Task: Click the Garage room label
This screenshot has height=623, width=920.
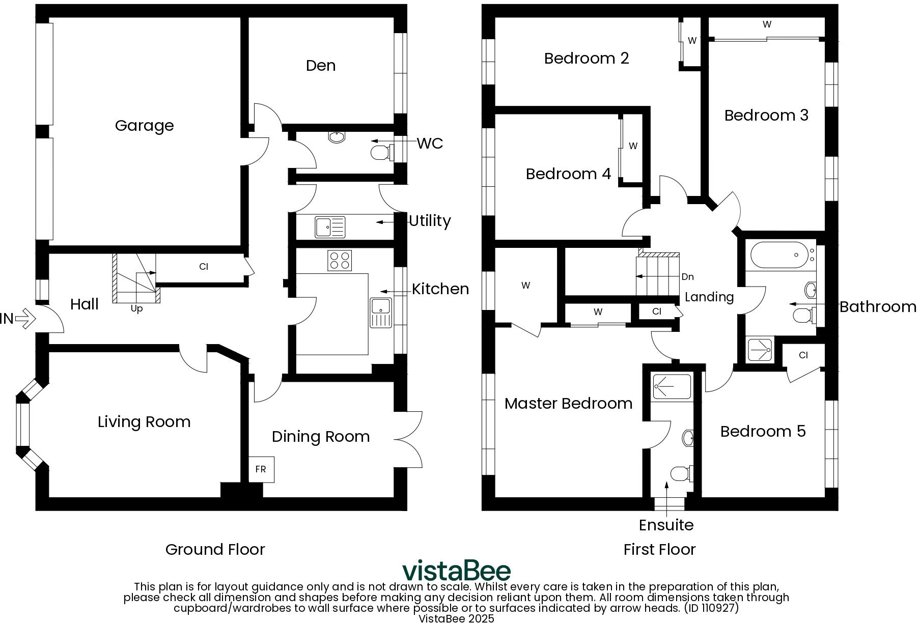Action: click(144, 126)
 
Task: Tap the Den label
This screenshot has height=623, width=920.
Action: click(321, 66)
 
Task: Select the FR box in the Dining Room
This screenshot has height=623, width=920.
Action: click(261, 469)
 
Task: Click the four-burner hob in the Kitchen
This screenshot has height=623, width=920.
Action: click(340, 261)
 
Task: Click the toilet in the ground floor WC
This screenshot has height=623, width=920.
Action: click(381, 152)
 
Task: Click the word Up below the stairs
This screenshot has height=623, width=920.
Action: click(136, 309)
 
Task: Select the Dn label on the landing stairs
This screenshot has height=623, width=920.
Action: click(687, 277)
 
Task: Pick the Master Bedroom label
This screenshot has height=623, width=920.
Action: click(568, 404)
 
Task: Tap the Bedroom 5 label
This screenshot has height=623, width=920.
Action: click(763, 432)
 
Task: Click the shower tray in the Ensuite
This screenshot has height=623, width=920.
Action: click(672, 387)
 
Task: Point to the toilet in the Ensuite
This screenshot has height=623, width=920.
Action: click(681, 474)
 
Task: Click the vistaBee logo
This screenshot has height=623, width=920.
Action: click(456, 571)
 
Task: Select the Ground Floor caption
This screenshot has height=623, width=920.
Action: click(215, 550)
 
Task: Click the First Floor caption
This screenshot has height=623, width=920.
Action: click(659, 550)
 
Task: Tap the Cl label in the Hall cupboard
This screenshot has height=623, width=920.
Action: click(204, 267)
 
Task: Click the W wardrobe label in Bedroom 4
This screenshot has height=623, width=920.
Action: click(633, 146)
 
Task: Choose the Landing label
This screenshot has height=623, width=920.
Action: click(709, 297)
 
